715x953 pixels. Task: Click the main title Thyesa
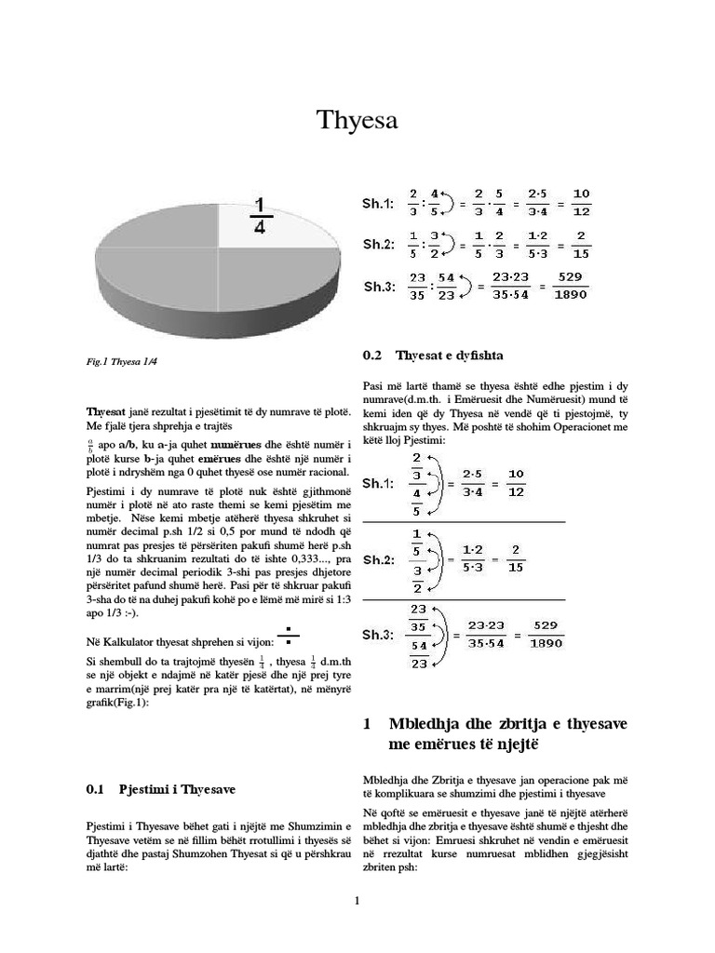pos(357,120)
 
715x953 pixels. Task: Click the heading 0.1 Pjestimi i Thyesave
pos(161,789)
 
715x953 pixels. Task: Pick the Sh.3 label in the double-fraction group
pos(378,635)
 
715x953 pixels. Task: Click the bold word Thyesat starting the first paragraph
pos(109,410)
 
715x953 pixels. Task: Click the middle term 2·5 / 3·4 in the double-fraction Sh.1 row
pos(472,482)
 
